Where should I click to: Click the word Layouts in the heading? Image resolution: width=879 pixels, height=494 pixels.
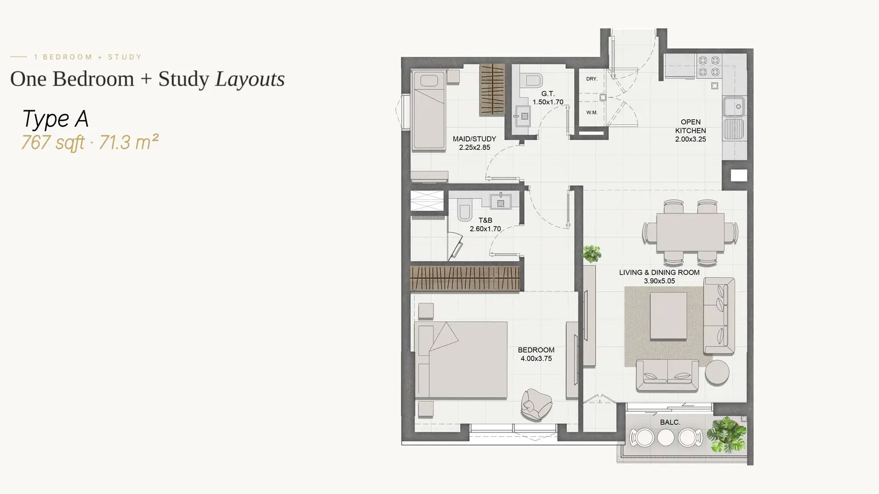(x=249, y=79)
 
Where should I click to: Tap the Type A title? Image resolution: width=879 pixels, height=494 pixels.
(x=55, y=119)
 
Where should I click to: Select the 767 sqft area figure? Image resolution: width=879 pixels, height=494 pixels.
(x=53, y=142)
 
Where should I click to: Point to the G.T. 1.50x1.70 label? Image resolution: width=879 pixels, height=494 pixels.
(x=548, y=98)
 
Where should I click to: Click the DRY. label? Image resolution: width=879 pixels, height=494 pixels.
(x=592, y=79)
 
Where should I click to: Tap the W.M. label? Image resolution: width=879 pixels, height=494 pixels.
(x=592, y=113)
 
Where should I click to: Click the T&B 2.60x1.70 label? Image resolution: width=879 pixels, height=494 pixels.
(x=486, y=224)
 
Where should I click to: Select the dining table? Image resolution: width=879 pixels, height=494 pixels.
(x=690, y=232)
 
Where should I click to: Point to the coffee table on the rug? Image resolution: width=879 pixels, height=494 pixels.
(x=669, y=316)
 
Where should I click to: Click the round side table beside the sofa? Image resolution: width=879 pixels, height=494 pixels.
(x=717, y=372)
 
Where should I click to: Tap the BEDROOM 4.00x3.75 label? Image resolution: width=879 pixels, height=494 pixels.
(x=536, y=354)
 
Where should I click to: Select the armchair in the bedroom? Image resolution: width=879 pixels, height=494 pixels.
(x=536, y=405)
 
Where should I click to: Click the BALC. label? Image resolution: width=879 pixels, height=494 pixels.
(x=670, y=422)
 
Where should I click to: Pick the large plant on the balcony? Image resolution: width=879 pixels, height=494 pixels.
(x=726, y=434)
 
